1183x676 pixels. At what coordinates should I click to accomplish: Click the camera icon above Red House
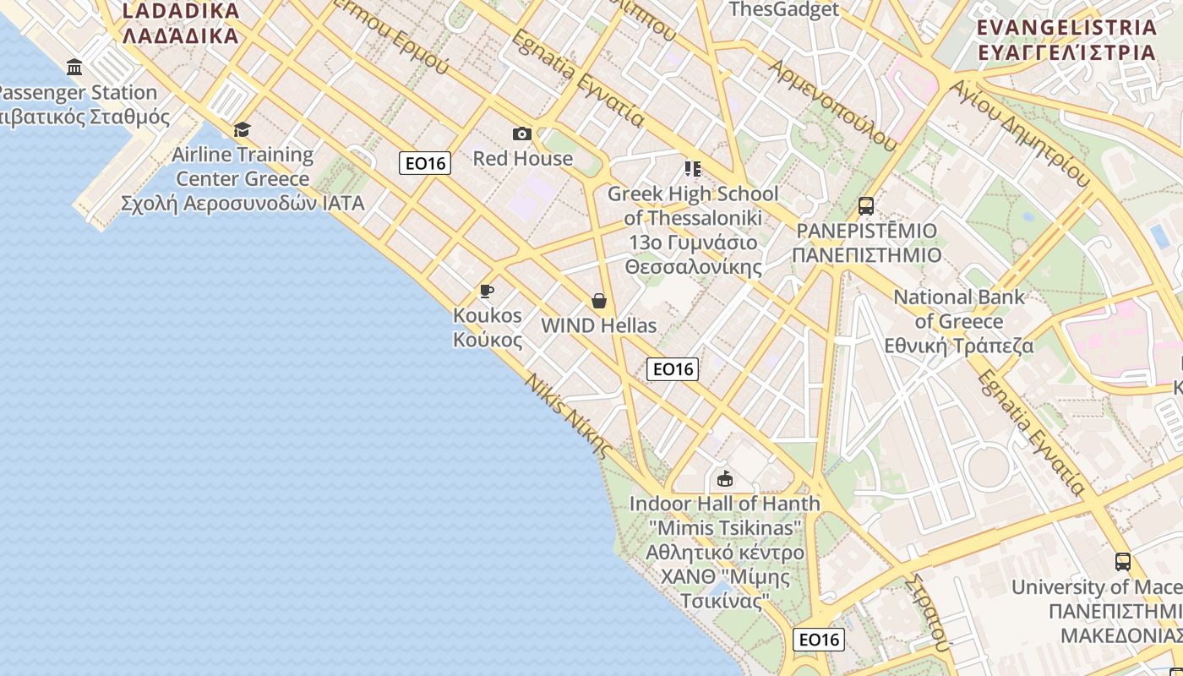pyautogui.click(x=522, y=134)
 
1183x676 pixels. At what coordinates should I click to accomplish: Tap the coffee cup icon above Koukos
pyautogui.click(x=487, y=292)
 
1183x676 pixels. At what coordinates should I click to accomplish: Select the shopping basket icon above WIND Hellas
pyautogui.click(x=599, y=301)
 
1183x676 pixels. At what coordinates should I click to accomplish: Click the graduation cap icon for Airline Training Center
pyautogui.click(x=243, y=129)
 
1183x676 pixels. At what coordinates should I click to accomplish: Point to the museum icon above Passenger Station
pyautogui.click(x=74, y=68)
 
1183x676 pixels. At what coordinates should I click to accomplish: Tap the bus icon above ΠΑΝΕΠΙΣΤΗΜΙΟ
pyautogui.click(x=865, y=205)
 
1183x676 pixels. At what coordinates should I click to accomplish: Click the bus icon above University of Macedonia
pyautogui.click(x=1122, y=561)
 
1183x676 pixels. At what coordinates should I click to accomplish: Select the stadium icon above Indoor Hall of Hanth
pyautogui.click(x=724, y=479)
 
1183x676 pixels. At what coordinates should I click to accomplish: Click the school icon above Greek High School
pyautogui.click(x=693, y=169)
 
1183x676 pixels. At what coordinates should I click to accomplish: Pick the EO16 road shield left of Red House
pyautogui.click(x=425, y=163)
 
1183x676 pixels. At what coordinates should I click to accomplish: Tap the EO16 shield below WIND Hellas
pyautogui.click(x=673, y=368)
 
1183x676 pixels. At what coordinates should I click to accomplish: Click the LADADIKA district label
pyautogui.click(x=181, y=23)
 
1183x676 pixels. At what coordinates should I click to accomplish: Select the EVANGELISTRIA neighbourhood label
pyautogui.click(x=1066, y=39)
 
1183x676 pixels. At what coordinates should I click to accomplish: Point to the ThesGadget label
pyautogui.click(x=783, y=10)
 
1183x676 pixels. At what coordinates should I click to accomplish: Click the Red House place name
pyautogui.click(x=522, y=158)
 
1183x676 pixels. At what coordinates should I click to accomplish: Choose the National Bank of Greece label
pyautogui.click(x=959, y=321)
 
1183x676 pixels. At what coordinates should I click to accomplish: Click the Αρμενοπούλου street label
pyautogui.click(x=832, y=105)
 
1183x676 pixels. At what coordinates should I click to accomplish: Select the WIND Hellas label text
pyautogui.click(x=598, y=325)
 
